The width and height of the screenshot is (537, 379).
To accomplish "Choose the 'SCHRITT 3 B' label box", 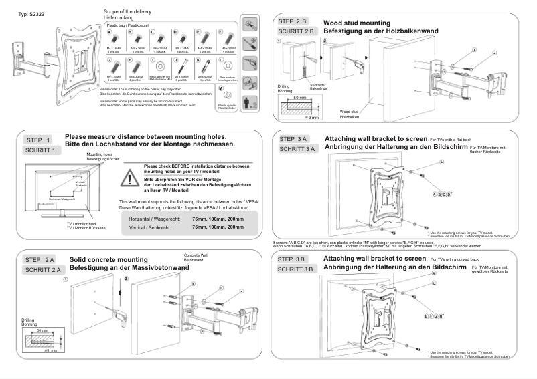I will tap(298, 269).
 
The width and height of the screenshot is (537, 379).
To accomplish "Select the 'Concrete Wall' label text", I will tap(197, 255).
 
